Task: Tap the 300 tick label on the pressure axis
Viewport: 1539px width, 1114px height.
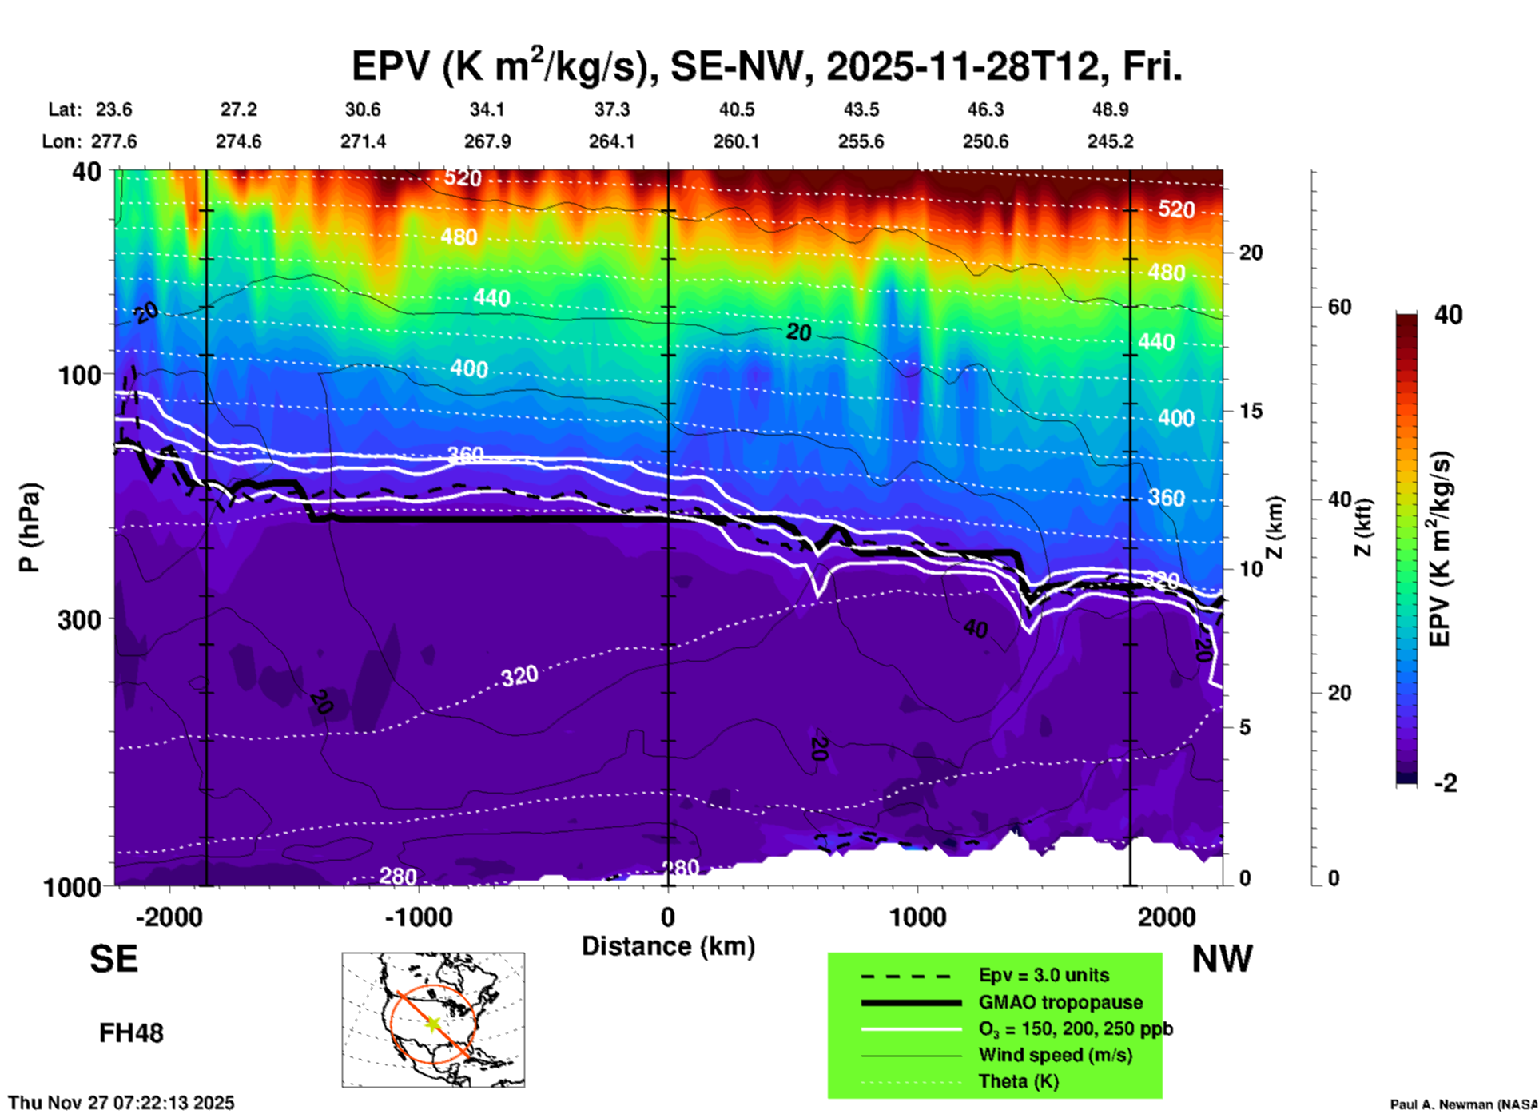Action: tap(80, 619)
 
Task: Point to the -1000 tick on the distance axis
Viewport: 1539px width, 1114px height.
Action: tap(419, 917)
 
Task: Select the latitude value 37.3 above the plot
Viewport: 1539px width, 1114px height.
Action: tap(611, 109)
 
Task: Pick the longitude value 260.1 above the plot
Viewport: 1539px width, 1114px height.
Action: tap(736, 141)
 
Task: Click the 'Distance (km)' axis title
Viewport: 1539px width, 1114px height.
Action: tap(668, 946)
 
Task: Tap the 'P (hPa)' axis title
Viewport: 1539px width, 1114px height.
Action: tap(30, 527)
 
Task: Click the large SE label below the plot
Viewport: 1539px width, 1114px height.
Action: tap(113, 958)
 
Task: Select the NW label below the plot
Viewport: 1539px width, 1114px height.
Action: tap(1222, 958)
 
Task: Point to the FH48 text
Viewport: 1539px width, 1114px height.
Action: tap(131, 1032)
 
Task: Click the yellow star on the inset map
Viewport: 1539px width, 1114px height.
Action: tap(433, 1024)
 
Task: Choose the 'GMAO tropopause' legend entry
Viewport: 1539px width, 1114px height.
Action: tap(1060, 1002)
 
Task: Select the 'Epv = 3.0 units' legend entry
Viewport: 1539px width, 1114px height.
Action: tap(1044, 975)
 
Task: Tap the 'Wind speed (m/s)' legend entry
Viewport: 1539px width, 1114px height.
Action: tap(1056, 1055)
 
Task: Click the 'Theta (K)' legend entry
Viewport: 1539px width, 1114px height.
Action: tap(1019, 1081)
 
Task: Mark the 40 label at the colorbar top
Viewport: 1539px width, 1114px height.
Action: tap(1448, 315)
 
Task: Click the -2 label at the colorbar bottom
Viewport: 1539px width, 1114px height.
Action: tap(1445, 782)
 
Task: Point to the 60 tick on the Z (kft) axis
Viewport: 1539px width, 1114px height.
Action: tap(1339, 307)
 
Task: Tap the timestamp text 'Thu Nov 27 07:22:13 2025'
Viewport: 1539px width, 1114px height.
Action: tap(121, 1103)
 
